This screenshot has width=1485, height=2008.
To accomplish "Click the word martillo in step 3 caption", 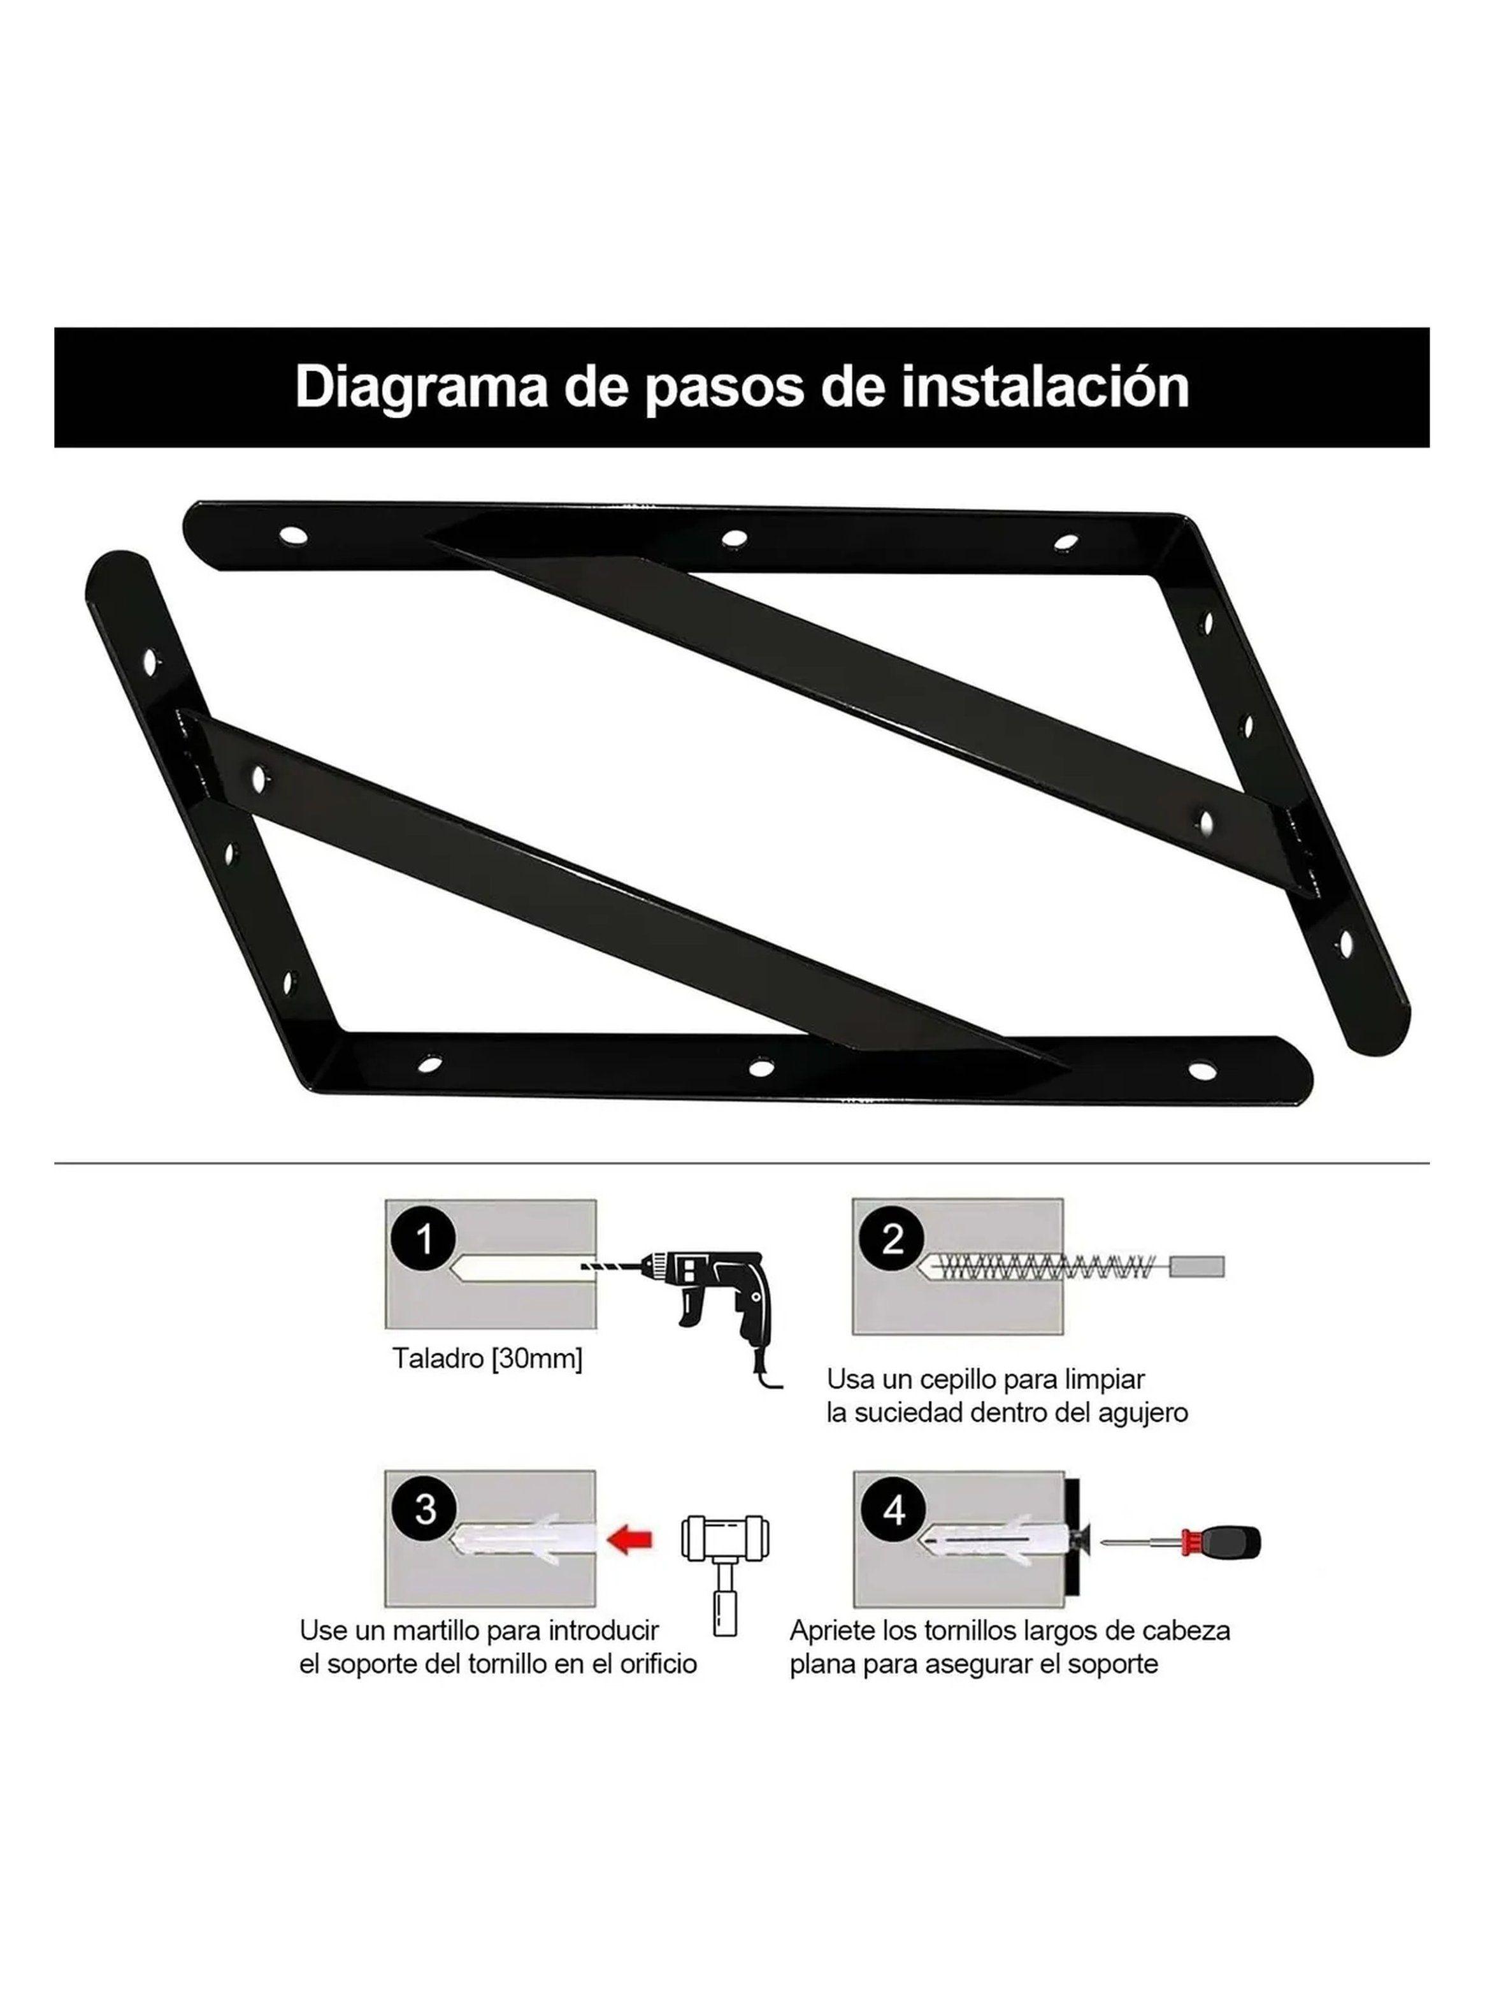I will pos(433,1631).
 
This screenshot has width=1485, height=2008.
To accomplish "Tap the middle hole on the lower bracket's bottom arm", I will pos(761,1068).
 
